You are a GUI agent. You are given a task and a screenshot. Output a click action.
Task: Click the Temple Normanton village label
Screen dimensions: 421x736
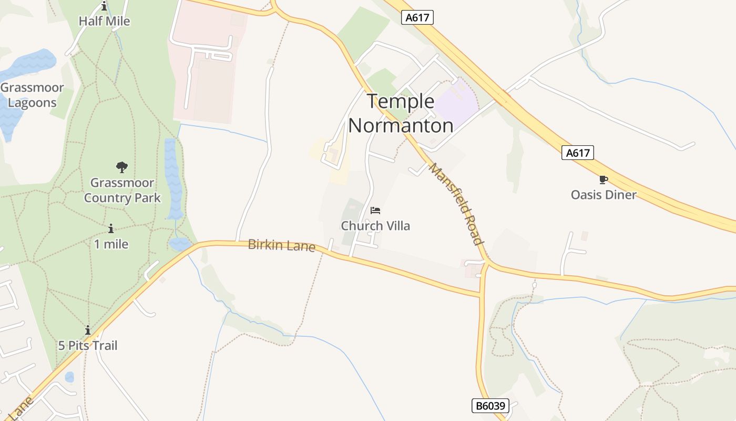coord(401,114)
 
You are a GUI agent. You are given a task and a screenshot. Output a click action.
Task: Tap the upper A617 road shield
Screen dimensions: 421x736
coord(417,17)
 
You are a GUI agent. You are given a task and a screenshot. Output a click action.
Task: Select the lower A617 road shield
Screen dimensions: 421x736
coord(578,153)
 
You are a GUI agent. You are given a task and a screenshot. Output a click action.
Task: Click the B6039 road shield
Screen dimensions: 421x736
coord(490,406)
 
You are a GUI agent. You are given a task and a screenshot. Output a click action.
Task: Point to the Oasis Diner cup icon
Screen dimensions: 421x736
coord(604,180)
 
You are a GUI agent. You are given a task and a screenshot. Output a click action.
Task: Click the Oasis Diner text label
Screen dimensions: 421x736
coord(604,195)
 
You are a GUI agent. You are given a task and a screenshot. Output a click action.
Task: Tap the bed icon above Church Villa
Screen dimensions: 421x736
coord(375,210)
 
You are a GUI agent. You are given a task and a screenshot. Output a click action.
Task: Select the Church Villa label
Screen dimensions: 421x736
coord(375,226)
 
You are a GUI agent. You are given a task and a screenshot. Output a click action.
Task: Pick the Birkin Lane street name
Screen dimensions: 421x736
coord(282,245)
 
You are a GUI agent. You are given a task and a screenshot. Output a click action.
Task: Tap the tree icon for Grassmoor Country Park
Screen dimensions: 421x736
coord(122,167)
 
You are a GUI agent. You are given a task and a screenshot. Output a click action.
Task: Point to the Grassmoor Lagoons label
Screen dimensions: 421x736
coord(32,95)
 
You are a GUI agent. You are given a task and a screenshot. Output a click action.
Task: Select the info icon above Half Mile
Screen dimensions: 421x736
coord(104,6)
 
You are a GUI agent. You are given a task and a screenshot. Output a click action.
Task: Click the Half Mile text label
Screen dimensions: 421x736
coord(104,21)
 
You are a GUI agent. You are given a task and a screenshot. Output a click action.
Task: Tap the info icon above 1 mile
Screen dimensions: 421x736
coord(111,229)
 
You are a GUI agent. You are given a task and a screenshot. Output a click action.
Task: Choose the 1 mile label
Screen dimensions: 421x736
coord(111,244)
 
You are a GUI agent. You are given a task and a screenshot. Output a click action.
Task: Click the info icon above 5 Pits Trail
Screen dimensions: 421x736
coord(88,330)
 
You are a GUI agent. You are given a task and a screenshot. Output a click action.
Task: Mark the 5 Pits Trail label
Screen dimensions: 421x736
coord(88,346)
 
